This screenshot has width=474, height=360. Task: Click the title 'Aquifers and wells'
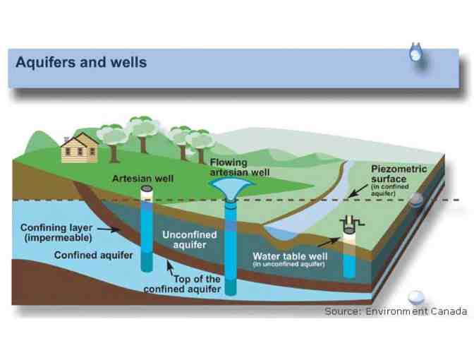pos(81,62)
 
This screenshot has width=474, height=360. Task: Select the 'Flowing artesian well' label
pos(240,167)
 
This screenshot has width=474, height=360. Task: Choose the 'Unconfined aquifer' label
pos(190,239)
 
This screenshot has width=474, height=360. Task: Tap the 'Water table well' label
pos(288,256)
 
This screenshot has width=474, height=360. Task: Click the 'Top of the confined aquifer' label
pos(183,284)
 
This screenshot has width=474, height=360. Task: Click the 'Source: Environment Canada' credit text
pos(396,311)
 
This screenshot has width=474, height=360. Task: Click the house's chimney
pos(67,138)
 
